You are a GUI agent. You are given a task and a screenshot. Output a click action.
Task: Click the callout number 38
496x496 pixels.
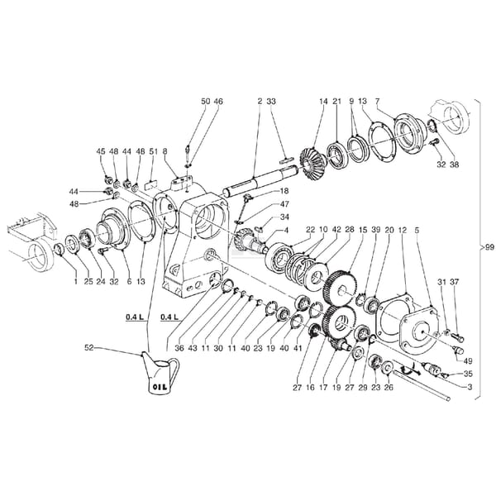tap(454, 165)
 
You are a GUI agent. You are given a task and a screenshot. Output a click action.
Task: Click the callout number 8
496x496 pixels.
tap(165, 151)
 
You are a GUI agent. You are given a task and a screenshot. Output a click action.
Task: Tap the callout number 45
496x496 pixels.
tap(101, 151)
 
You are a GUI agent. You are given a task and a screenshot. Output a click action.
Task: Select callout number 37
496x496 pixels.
tap(454, 282)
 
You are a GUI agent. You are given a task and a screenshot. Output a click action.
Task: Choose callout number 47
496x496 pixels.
tap(284, 204)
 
